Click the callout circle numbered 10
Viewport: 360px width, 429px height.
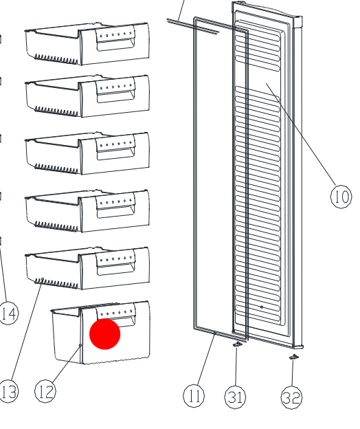341,197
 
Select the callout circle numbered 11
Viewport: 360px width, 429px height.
194,395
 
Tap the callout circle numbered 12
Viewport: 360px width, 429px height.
45,391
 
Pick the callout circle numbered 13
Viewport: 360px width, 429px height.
8,391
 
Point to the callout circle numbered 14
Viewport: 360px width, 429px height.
9,313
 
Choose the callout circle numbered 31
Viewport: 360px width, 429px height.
235,397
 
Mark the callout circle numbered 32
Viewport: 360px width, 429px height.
291,398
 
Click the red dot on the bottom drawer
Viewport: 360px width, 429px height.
105,334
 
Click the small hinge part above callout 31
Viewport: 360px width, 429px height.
238,344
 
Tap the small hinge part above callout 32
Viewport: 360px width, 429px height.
294,357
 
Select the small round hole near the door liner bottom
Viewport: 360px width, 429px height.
262,307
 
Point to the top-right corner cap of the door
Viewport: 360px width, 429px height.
297,22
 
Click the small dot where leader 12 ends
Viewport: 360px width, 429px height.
80,346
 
